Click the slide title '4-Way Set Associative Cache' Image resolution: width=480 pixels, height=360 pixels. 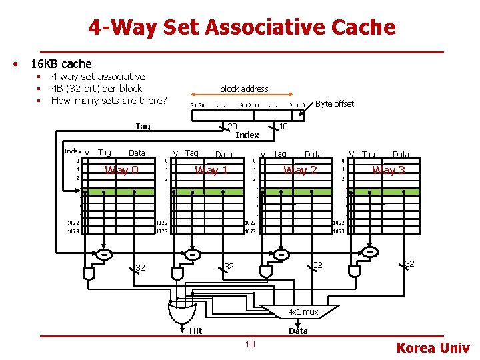(x=242, y=27)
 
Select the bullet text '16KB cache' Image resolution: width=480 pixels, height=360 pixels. (x=61, y=64)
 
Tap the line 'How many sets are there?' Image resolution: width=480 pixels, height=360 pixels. (x=109, y=101)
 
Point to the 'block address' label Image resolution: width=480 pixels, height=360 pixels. (x=244, y=89)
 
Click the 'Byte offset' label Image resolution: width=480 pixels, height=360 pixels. (x=335, y=104)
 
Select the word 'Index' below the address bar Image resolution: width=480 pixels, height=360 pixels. (x=247, y=135)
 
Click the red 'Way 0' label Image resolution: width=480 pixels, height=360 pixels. (x=121, y=170)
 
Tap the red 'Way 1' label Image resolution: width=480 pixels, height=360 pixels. (x=211, y=170)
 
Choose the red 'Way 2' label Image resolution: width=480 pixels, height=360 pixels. (x=299, y=170)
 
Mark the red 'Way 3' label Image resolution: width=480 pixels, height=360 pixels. (x=389, y=170)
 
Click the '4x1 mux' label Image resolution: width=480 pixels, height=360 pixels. (x=303, y=311)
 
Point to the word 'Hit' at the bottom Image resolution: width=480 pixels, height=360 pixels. (x=195, y=331)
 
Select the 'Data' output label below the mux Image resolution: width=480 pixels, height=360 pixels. (x=298, y=331)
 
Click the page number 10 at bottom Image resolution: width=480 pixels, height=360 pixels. (x=249, y=344)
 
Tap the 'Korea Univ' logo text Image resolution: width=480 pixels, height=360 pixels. (x=433, y=348)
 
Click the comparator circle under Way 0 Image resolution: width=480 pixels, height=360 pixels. (x=105, y=255)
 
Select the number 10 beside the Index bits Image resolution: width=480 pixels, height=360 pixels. (x=283, y=127)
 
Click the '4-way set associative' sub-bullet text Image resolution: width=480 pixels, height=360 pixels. (x=98, y=77)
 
